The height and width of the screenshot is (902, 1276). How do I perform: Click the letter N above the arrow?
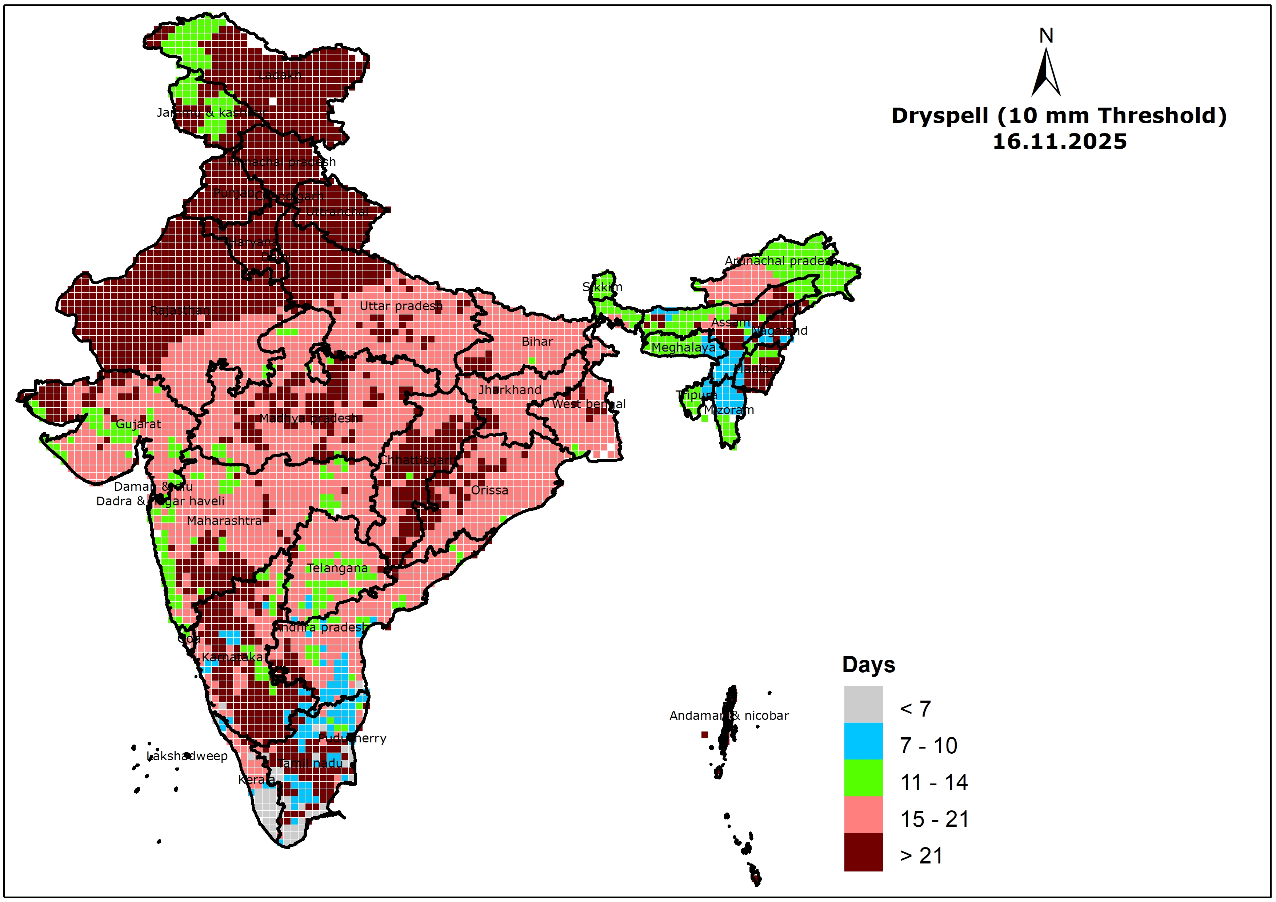click(x=1046, y=36)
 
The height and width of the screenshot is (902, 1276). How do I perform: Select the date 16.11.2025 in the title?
click(x=1059, y=142)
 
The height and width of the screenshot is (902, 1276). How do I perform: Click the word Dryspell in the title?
click(x=939, y=116)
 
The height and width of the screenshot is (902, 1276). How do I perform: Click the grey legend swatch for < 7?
click(x=863, y=704)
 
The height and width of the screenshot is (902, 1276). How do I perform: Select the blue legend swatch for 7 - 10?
click(x=863, y=741)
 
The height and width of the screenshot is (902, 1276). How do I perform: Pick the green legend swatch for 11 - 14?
click(x=863, y=778)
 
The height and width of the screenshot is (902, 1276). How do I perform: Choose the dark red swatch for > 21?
click(x=863, y=851)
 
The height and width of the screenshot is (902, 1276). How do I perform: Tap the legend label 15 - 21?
click(x=934, y=819)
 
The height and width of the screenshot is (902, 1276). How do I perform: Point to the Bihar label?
click(x=537, y=342)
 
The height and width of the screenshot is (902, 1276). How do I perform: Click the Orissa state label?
click(x=489, y=490)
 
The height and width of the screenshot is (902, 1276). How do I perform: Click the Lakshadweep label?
click(x=187, y=756)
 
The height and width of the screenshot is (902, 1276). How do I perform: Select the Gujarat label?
click(x=139, y=424)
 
